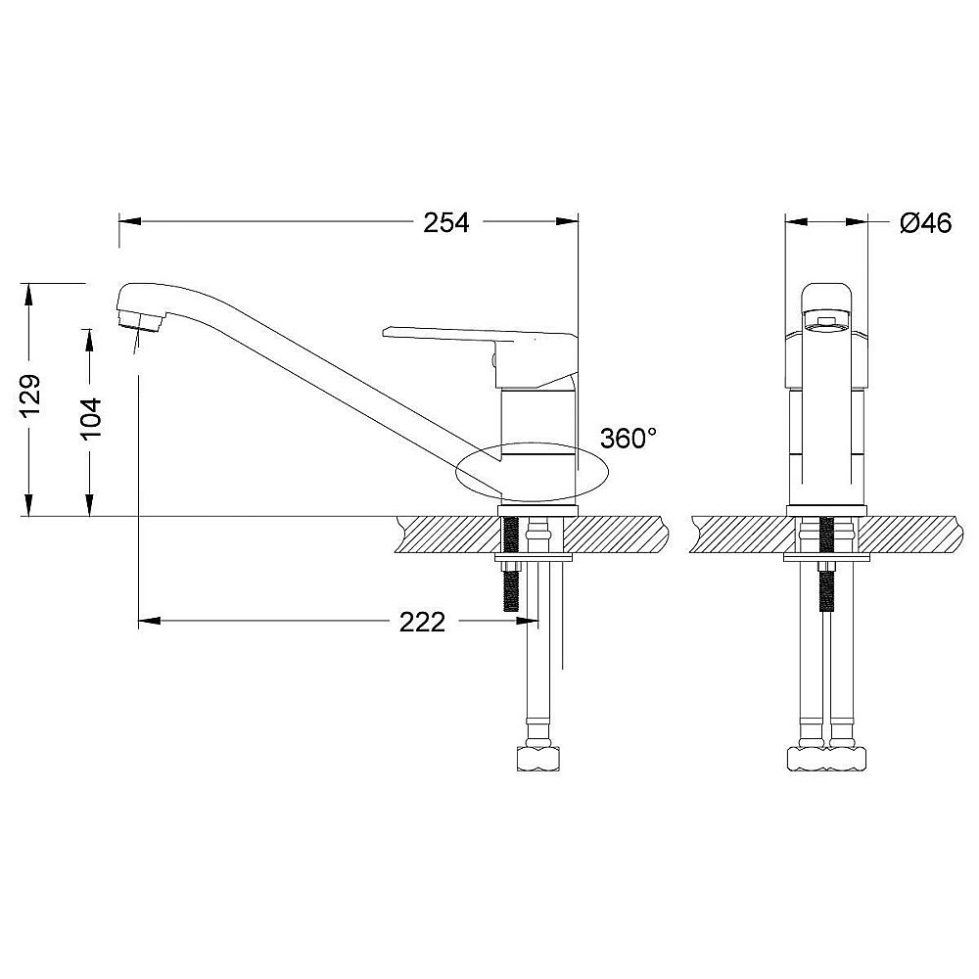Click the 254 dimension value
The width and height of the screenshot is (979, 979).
click(x=445, y=222)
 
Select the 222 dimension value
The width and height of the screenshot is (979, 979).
click(x=422, y=622)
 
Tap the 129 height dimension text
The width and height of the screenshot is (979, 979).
click(x=30, y=396)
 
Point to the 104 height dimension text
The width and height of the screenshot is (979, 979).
click(x=91, y=417)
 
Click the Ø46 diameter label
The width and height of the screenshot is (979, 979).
click(x=926, y=222)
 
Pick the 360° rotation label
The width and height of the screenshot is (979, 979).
click(x=629, y=439)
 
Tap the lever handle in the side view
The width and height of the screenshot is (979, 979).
click(x=481, y=357)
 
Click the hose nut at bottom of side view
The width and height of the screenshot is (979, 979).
click(x=538, y=759)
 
